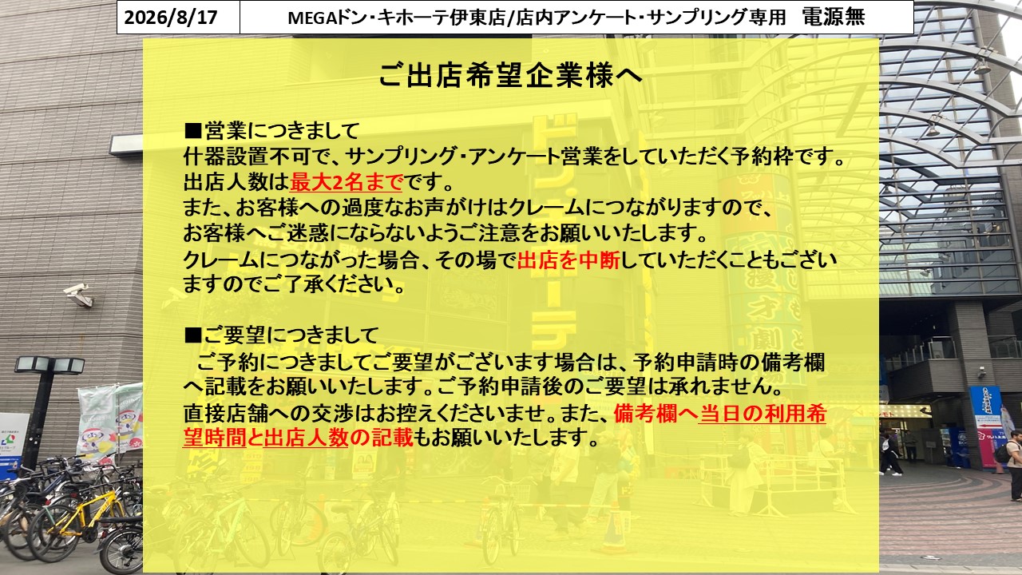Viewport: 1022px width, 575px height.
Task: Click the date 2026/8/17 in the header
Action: point(171,18)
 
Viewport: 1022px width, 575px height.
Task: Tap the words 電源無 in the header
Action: point(834,17)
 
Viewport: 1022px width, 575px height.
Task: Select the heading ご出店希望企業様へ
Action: point(510,75)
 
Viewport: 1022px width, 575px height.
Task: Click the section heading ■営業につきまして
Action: point(272,131)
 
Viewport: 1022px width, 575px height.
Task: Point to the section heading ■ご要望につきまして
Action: point(281,335)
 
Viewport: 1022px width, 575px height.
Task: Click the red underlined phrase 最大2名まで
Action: point(347,182)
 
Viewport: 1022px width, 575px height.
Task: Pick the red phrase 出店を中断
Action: point(568,260)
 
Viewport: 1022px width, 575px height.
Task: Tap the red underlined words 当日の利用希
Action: point(762,414)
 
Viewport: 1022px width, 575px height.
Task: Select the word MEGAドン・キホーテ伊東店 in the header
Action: point(397,18)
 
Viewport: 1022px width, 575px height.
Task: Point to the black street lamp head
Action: point(50,366)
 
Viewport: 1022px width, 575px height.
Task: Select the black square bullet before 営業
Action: point(192,132)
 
